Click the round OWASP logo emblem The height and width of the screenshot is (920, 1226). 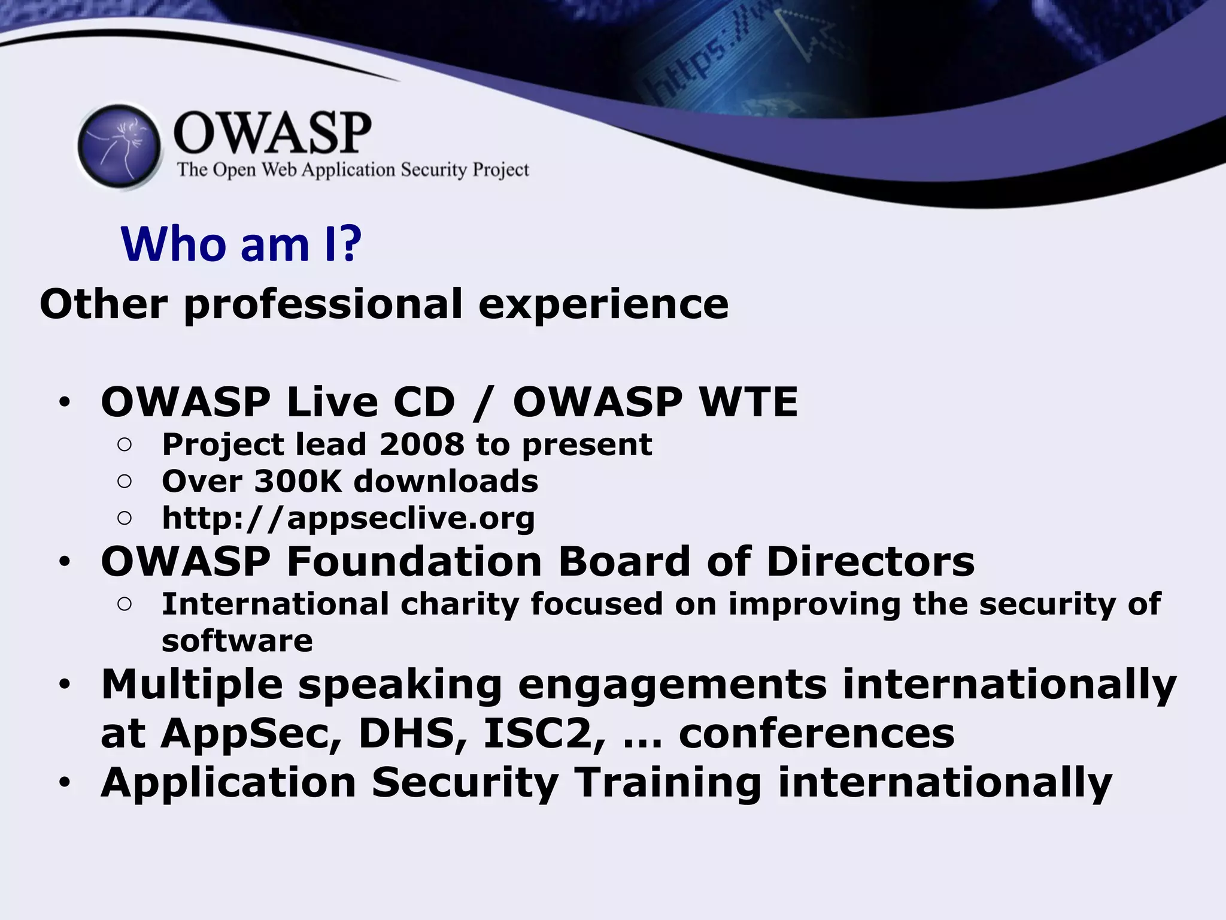coord(120,147)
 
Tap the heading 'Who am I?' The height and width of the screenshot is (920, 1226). coord(241,244)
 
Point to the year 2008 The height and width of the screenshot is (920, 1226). coord(421,444)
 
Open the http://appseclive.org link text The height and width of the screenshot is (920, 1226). coord(348,518)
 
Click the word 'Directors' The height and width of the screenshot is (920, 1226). coord(870,562)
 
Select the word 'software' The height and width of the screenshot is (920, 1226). coord(237,641)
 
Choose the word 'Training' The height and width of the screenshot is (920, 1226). coord(667,783)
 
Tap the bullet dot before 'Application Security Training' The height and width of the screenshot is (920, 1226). coord(65,783)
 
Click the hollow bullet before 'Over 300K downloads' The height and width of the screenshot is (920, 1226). coord(125,482)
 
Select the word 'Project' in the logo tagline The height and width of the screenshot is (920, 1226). coord(500,170)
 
